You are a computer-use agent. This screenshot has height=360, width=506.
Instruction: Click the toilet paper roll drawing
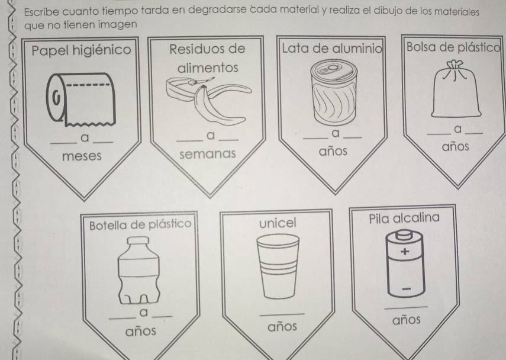tap(81, 99)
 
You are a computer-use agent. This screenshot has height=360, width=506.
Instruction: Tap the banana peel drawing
tap(208, 99)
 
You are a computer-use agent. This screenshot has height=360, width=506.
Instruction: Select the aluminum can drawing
tap(334, 92)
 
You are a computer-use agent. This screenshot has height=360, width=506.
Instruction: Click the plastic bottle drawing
tap(138, 270)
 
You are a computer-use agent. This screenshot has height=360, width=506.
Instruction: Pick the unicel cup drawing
tap(278, 266)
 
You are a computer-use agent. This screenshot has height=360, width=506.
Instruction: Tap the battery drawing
tap(405, 263)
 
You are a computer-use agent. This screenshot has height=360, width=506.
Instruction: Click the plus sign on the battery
tap(405, 251)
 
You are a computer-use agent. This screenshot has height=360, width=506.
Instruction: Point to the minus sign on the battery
tap(407, 288)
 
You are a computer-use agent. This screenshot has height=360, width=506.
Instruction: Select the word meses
tap(82, 156)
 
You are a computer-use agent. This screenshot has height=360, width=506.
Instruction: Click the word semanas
tap(208, 154)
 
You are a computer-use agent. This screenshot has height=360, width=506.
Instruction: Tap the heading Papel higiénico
tap(81, 50)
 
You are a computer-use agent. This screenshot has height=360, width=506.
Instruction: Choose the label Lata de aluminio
tap(332, 49)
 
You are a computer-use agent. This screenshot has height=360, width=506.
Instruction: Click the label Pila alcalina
tap(404, 218)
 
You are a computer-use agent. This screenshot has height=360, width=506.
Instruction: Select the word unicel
tap(278, 223)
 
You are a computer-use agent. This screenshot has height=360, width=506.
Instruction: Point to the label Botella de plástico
tap(140, 224)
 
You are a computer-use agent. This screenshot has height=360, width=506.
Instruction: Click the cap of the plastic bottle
tap(138, 241)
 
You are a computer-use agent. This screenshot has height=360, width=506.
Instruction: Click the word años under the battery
tap(407, 320)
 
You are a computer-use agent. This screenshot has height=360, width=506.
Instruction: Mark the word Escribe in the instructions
tap(41, 12)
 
